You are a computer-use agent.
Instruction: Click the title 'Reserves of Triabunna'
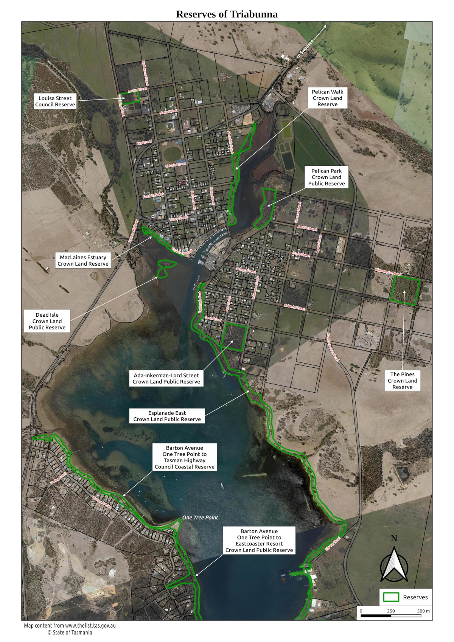coord(227,14)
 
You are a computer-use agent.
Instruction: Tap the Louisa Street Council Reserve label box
coord(55,101)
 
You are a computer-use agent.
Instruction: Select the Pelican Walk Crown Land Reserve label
coord(327,98)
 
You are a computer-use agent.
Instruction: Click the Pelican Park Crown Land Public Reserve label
coord(326,177)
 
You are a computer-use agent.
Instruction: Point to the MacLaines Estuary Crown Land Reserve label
coord(83,261)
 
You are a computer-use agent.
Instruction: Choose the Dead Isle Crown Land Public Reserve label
coord(47,321)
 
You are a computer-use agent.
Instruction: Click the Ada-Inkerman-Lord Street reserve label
coord(166,378)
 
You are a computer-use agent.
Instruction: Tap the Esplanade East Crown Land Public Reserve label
coord(167,416)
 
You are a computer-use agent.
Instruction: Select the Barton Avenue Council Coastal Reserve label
coord(184,457)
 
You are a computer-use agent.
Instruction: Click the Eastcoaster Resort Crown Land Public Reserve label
coord(259,541)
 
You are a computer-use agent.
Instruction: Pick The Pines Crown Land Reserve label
coord(402,381)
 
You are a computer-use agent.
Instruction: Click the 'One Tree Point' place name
coord(200,518)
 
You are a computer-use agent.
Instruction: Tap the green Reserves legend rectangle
coord(391,597)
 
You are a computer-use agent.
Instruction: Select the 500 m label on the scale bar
coord(423,611)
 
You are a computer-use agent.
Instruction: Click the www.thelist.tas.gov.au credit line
coord(70,625)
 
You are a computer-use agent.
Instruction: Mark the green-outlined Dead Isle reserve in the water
coord(165,267)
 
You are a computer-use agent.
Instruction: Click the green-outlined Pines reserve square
coord(405,290)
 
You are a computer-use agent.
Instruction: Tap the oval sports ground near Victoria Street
coord(173,153)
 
